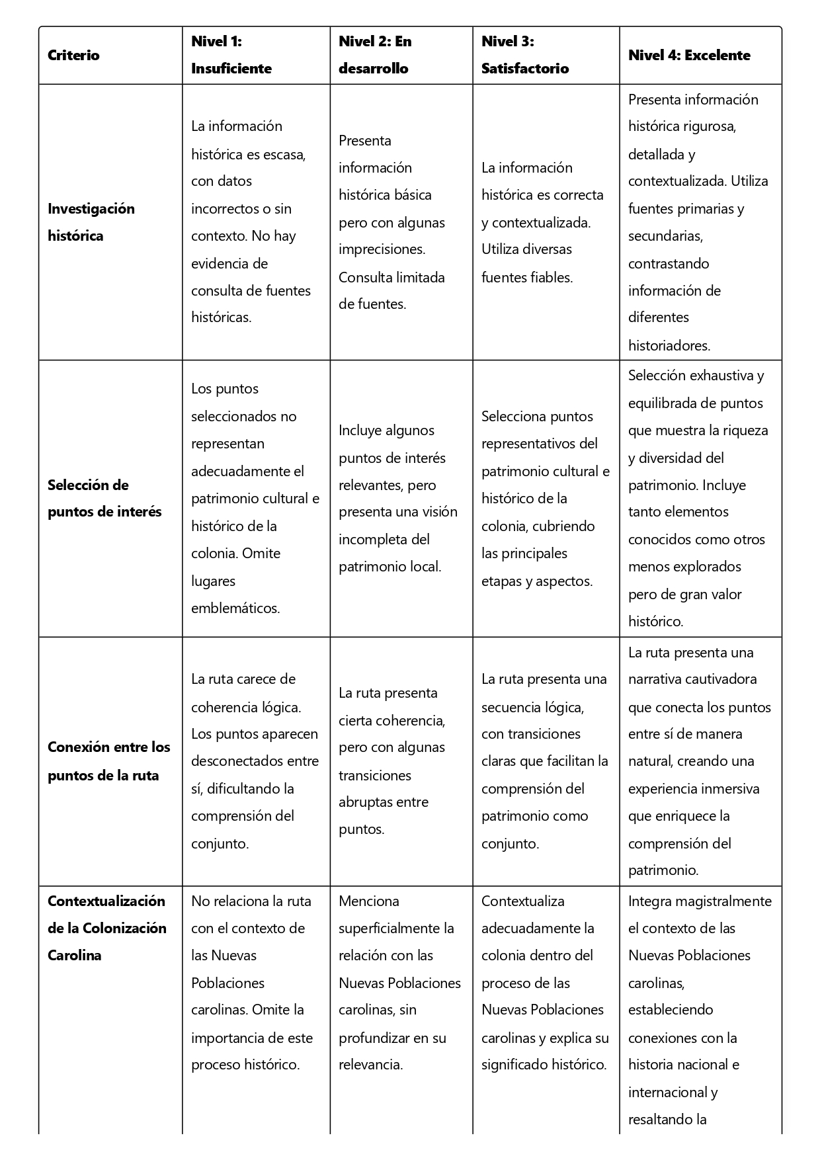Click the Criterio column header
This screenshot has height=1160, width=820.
(73, 56)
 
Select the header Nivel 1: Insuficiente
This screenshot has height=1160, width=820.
(231, 55)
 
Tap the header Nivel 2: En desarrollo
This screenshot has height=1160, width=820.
(375, 55)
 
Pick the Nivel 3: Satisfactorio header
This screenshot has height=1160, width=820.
(524, 55)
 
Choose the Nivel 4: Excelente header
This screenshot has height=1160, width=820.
(688, 56)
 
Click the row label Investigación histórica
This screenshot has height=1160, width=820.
(91, 222)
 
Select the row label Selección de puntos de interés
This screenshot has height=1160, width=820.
(104, 498)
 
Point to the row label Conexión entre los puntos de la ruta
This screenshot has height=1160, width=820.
(108, 761)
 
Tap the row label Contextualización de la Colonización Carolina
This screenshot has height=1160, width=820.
(106, 928)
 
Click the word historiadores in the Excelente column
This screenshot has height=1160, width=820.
(669, 345)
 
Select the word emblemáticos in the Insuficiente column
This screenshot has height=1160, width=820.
(235, 608)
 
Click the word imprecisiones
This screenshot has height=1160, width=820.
(381, 249)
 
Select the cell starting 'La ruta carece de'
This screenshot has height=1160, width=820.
(255, 761)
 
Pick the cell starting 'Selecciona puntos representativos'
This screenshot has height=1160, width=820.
(546, 499)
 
